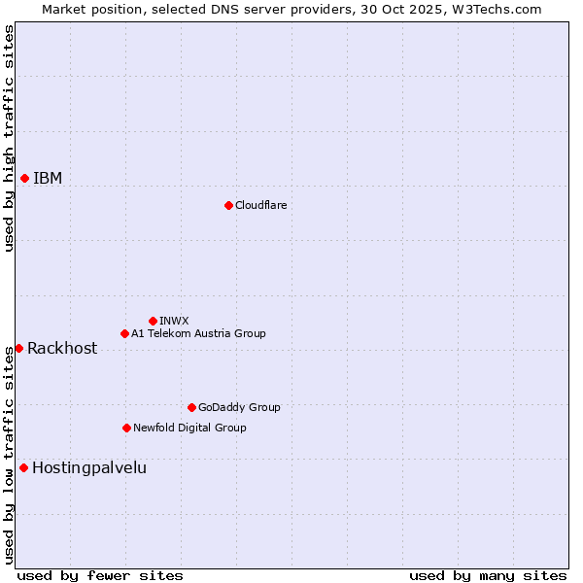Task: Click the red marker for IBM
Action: tap(24, 178)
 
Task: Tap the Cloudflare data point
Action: tap(228, 205)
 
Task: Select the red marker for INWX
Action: tap(153, 321)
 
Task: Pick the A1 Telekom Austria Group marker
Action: tap(124, 333)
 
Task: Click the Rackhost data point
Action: tap(18, 348)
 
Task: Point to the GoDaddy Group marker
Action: tap(191, 407)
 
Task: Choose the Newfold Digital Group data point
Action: tap(126, 428)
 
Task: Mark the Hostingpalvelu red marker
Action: tap(23, 467)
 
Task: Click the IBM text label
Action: tap(48, 178)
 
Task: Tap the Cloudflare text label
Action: tap(260, 205)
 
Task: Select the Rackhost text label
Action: tap(62, 348)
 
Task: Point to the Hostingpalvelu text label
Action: tap(89, 467)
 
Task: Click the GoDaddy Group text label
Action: tap(239, 407)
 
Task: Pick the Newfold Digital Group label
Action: tap(189, 428)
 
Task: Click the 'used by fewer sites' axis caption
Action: tap(100, 575)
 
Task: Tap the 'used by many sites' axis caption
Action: tap(488, 575)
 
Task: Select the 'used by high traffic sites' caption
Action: tap(9, 138)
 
